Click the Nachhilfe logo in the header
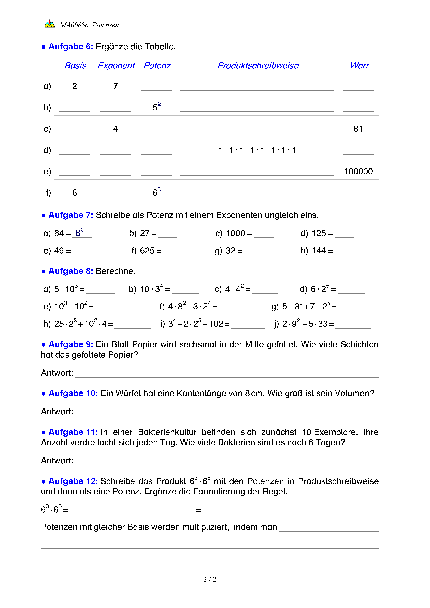click(x=50, y=24)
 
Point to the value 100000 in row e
click(x=358, y=172)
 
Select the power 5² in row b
click(x=157, y=107)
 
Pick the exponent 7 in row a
click(x=115, y=86)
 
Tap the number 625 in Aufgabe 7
click(x=147, y=251)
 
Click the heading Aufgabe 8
click(x=70, y=271)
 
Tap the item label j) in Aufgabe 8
click(x=276, y=324)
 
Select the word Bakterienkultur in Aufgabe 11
click(x=167, y=432)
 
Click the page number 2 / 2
click(x=210, y=579)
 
